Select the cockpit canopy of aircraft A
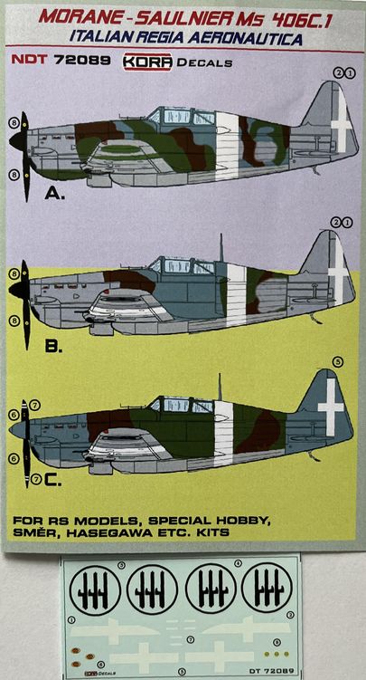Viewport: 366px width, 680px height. coord(181,117)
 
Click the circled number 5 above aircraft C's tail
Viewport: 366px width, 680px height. coord(337,362)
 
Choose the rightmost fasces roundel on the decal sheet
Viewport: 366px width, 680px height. coord(267,588)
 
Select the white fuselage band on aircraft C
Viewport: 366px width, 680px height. coord(223,424)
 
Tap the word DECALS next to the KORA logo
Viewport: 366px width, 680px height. coord(205,62)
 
